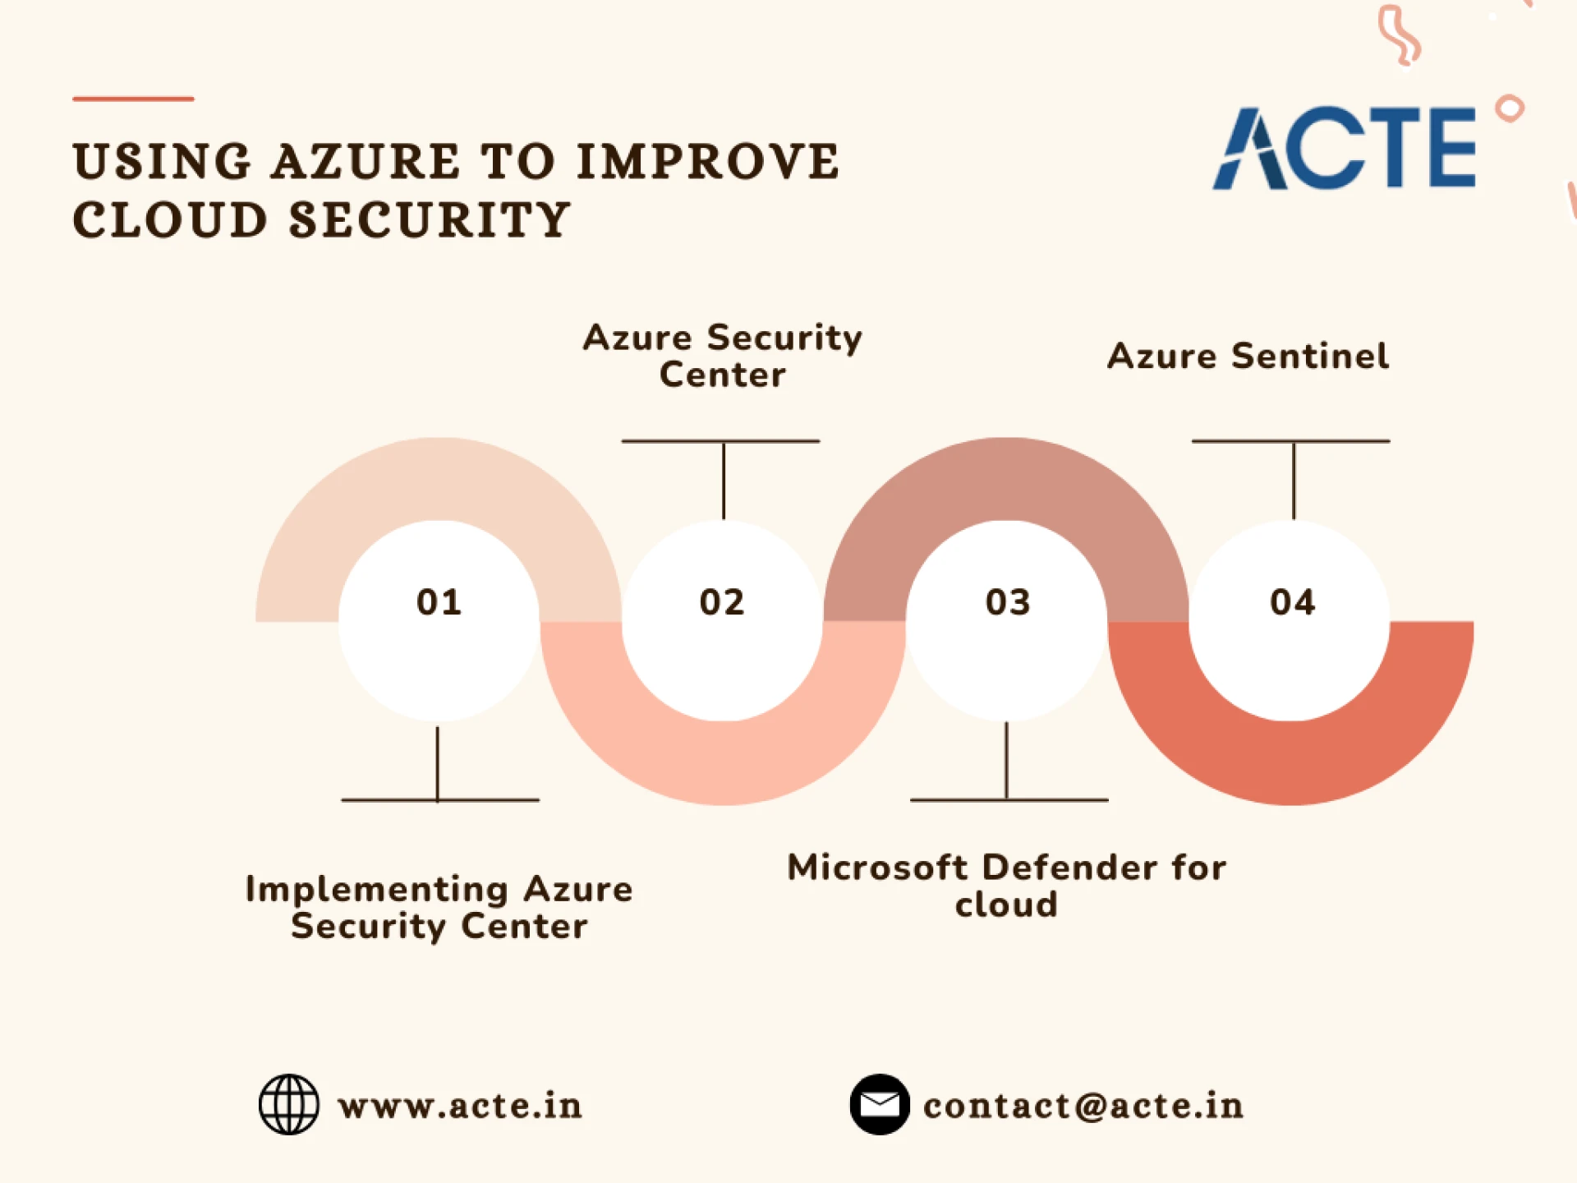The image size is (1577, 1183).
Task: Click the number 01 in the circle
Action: point(439,602)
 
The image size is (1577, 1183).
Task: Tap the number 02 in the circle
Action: point(722,602)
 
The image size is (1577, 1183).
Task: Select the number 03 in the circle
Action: point(1008,602)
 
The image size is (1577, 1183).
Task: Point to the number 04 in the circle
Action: point(1292,602)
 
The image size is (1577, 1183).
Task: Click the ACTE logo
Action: point(1345,149)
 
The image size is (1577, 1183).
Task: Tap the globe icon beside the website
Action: point(289,1104)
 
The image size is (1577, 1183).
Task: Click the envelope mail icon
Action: point(880,1104)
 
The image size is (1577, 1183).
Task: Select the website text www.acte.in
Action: point(460,1106)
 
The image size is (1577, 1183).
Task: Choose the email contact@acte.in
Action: point(1083,1106)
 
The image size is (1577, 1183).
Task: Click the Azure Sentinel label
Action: point(1248,357)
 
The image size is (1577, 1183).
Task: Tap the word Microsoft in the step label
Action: point(877,868)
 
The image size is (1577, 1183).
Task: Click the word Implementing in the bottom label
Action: point(377,890)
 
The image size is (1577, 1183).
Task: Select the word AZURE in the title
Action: point(366,161)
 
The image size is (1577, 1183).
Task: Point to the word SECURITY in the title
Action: point(430,220)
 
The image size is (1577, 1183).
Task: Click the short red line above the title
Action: point(133,99)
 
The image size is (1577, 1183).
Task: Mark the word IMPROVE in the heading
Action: point(708,161)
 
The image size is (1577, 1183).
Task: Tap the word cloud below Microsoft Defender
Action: point(1006,905)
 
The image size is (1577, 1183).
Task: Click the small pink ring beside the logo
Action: point(1510,108)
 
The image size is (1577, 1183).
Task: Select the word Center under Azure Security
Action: point(723,375)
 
